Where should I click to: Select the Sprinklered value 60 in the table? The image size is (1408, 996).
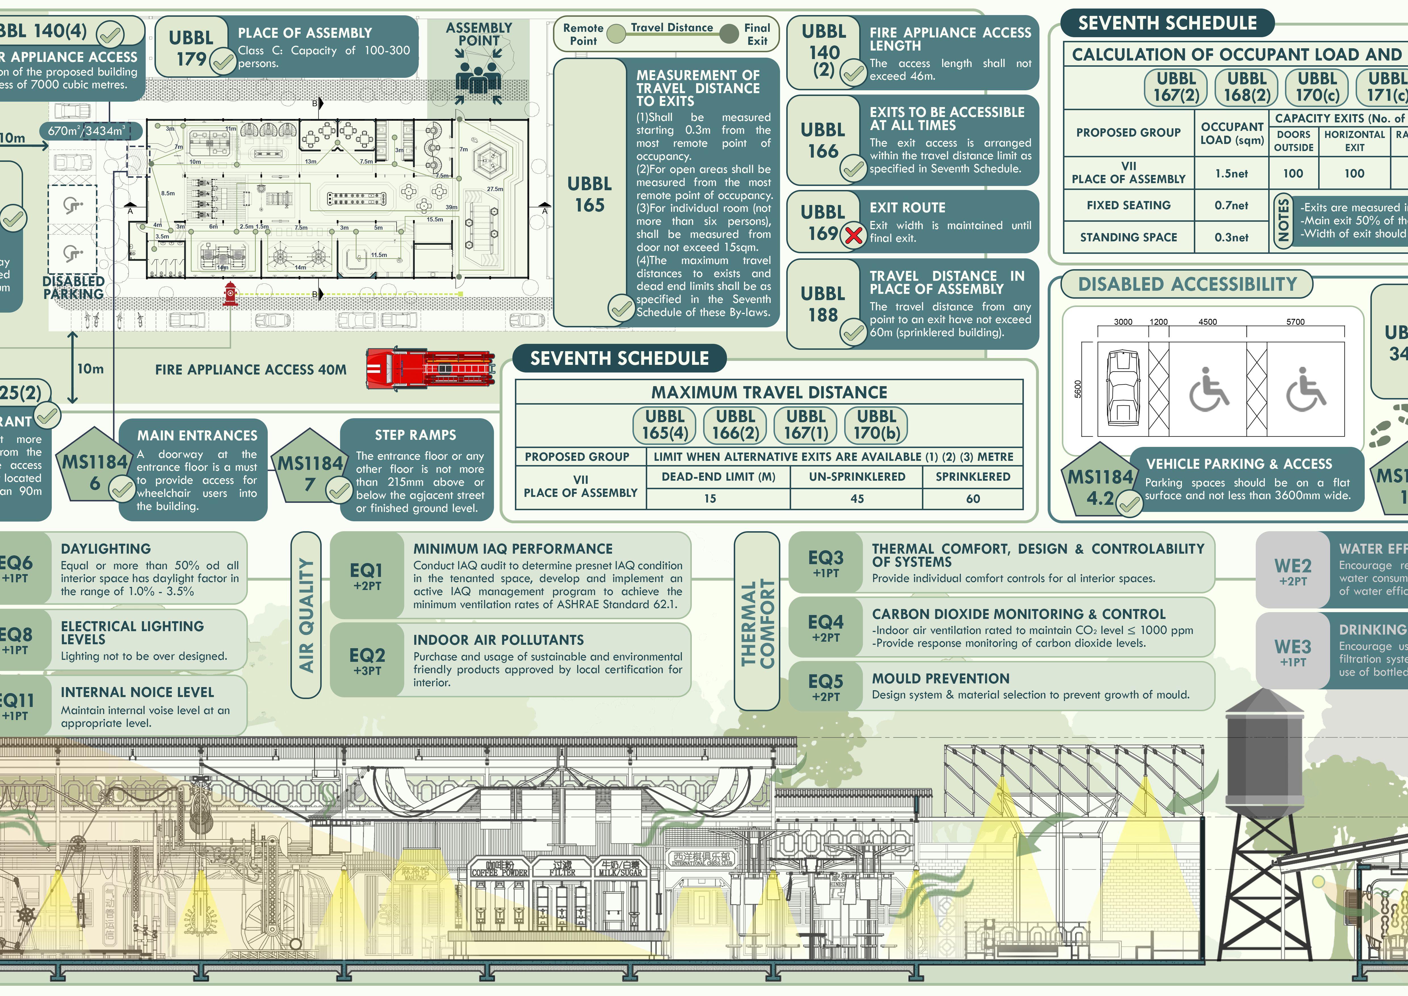973,499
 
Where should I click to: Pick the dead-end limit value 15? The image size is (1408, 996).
710,499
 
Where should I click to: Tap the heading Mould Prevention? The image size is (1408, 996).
940,678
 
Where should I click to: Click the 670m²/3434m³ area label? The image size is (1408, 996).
87,131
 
